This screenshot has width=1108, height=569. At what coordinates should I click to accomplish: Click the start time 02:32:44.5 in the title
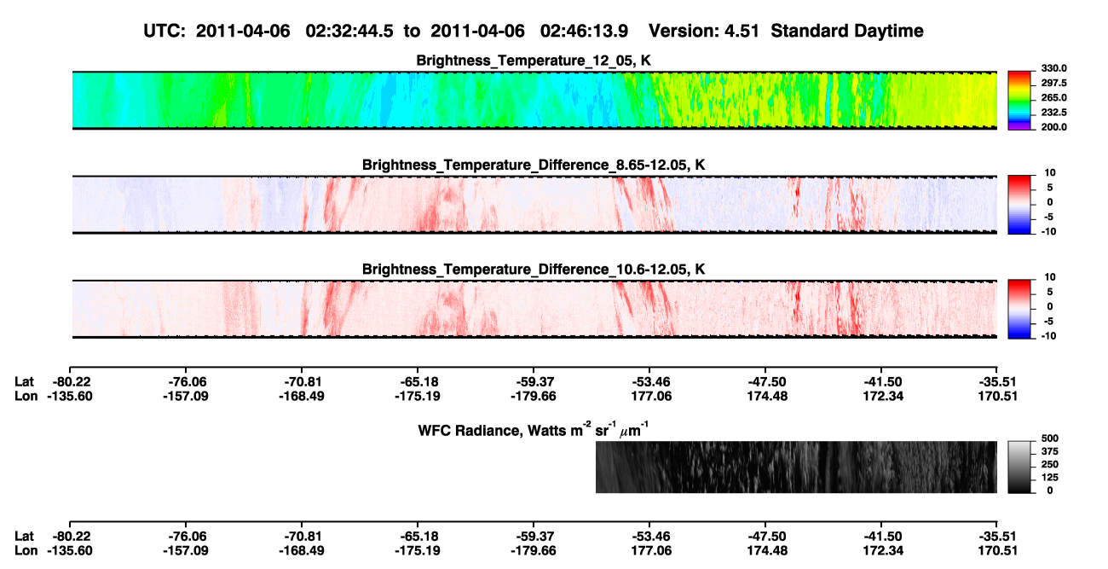click(349, 31)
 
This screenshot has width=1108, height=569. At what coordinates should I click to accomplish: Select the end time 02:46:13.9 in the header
click(584, 31)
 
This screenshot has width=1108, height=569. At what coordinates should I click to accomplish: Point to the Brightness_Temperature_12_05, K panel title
click(534, 61)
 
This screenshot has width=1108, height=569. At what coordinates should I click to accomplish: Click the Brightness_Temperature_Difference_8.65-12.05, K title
click(534, 165)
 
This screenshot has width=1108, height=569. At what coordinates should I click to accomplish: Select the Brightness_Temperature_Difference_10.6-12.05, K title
click(534, 270)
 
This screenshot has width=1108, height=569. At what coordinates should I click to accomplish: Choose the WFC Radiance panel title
click(534, 430)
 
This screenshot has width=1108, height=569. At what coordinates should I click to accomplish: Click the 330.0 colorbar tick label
click(1053, 68)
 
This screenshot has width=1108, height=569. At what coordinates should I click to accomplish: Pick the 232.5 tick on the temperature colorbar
click(1053, 113)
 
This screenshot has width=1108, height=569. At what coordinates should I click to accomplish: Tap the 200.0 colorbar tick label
click(1053, 127)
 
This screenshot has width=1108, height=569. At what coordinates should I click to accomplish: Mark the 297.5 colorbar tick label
click(1053, 84)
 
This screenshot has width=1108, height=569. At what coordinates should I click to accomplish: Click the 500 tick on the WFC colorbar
click(1050, 438)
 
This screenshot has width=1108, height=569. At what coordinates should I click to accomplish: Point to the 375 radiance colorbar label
click(1050, 451)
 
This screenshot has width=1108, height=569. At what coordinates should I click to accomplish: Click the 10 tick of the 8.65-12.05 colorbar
click(1050, 173)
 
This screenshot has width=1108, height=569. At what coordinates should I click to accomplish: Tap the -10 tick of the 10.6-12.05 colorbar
click(1047, 336)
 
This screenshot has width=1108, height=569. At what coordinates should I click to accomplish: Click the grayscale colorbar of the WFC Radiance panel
click(1019, 467)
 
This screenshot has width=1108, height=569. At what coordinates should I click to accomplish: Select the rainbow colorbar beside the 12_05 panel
click(1019, 101)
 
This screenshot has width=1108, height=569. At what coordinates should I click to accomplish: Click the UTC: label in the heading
click(164, 31)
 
